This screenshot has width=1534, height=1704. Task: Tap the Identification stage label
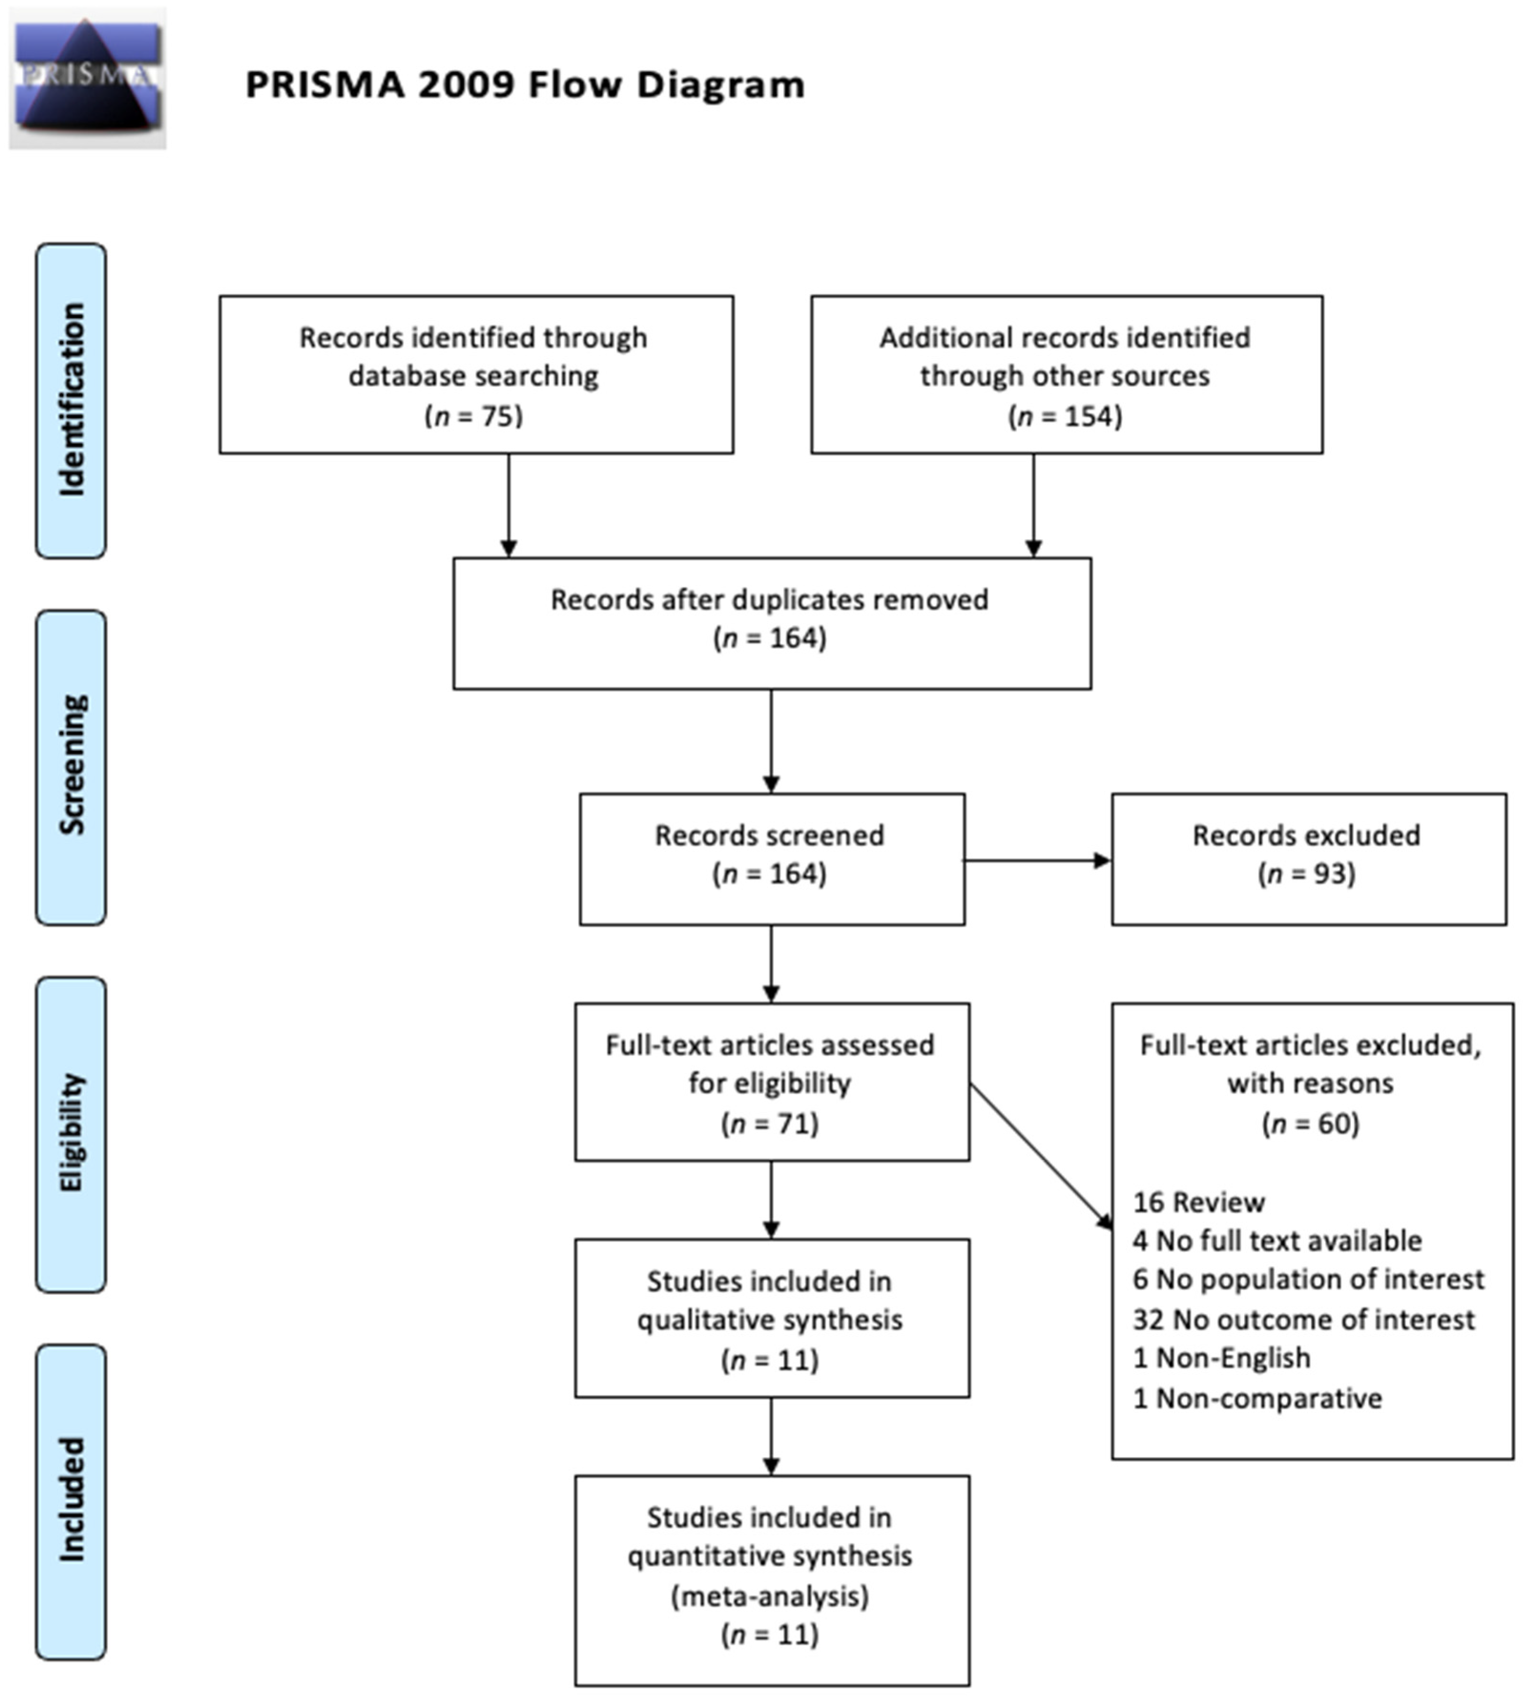pos(71,400)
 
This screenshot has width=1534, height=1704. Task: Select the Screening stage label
pos(71,766)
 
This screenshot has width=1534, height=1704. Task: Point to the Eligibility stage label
pos(71,1133)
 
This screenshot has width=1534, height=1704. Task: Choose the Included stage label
pos(71,1500)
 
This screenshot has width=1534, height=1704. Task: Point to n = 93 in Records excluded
pos(1307,874)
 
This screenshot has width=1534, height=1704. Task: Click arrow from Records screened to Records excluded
pos(1037,861)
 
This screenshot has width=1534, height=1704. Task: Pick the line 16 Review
pos(1199,1202)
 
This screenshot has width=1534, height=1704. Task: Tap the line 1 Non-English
pos(1221,1358)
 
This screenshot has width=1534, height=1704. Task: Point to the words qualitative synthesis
pos(770,1320)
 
